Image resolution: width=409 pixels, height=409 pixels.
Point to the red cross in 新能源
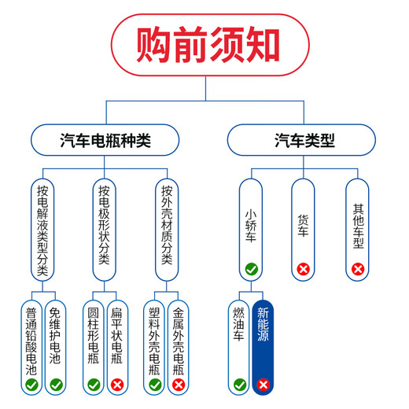click(x=263, y=385)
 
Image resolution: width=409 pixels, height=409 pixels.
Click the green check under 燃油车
click(x=239, y=385)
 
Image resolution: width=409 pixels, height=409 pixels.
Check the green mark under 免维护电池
click(x=55, y=385)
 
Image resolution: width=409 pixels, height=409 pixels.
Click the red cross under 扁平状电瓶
click(x=117, y=385)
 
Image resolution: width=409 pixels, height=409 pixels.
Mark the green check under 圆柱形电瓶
click(x=92, y=385)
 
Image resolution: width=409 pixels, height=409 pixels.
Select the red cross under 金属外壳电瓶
click(x=179, y=385)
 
